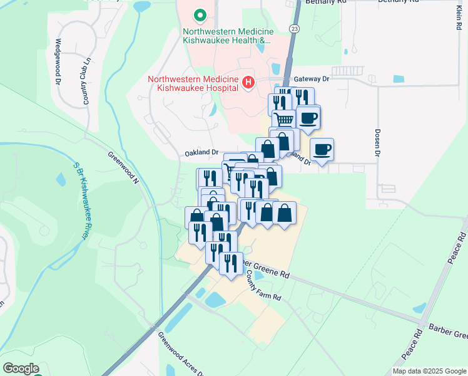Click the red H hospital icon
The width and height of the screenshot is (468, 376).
(x=248, y=83)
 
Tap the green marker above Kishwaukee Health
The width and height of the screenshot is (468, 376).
(x=200, y=14)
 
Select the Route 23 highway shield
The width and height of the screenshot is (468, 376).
(x=293, y=28)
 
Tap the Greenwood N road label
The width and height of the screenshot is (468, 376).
(x=122, y=167)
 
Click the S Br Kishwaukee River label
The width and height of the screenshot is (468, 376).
(x=79, y=201)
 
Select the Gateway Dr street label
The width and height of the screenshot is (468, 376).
(x=311, y=80)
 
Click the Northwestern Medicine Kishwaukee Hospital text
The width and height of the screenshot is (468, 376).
(x=193, y=83)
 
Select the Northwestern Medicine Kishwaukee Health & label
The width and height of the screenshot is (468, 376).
(x=226, y=35)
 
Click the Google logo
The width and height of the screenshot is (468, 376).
(x=21, y=368)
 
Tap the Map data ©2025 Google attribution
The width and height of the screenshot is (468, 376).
(x=429, y=371)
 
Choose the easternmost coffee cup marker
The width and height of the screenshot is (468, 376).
(x=322, y=150)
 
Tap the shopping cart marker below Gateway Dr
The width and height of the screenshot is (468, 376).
(x=284, y=119)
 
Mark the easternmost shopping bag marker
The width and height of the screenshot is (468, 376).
(x=284, y=213)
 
